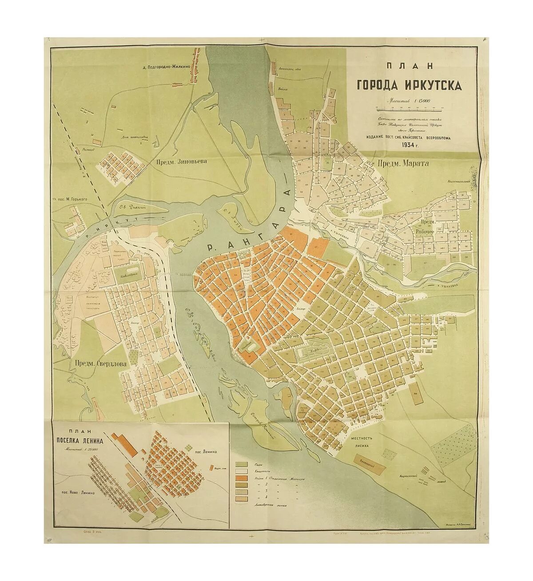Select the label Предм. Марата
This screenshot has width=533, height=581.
[x=403, y=164]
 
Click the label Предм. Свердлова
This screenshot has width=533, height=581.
[x=100, y=364]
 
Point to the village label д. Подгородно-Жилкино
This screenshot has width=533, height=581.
[x=167, y=67]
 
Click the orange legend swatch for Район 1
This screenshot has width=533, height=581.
[x=242, y=479]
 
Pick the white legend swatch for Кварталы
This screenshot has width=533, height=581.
[x=242, y=471]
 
